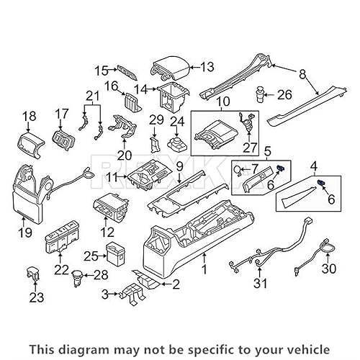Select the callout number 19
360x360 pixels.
pyautogui.click(x=24, y=233)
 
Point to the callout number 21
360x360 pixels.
pyautogui.click(x=91, y=97)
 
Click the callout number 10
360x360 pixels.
pyautogui.click(x=222, y=102)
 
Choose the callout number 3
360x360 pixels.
pyautogui.click(x=106, y=294)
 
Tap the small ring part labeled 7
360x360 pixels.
pyautogui.click(x=235, y=170)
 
